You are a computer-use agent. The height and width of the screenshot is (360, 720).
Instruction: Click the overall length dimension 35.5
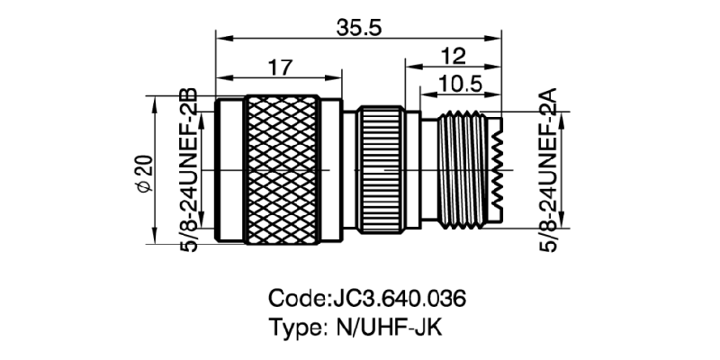[359, 28]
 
